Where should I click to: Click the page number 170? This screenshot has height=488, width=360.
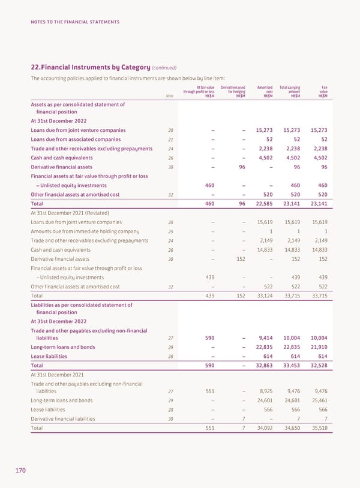pos(20,471)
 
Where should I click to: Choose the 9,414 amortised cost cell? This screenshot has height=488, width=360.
pos(265,337)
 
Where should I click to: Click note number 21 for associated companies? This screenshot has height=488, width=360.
pos(171,140)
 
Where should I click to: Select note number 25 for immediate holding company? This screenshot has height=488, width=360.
pos(171,231)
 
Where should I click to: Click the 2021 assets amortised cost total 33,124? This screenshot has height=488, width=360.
pos(265,296)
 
